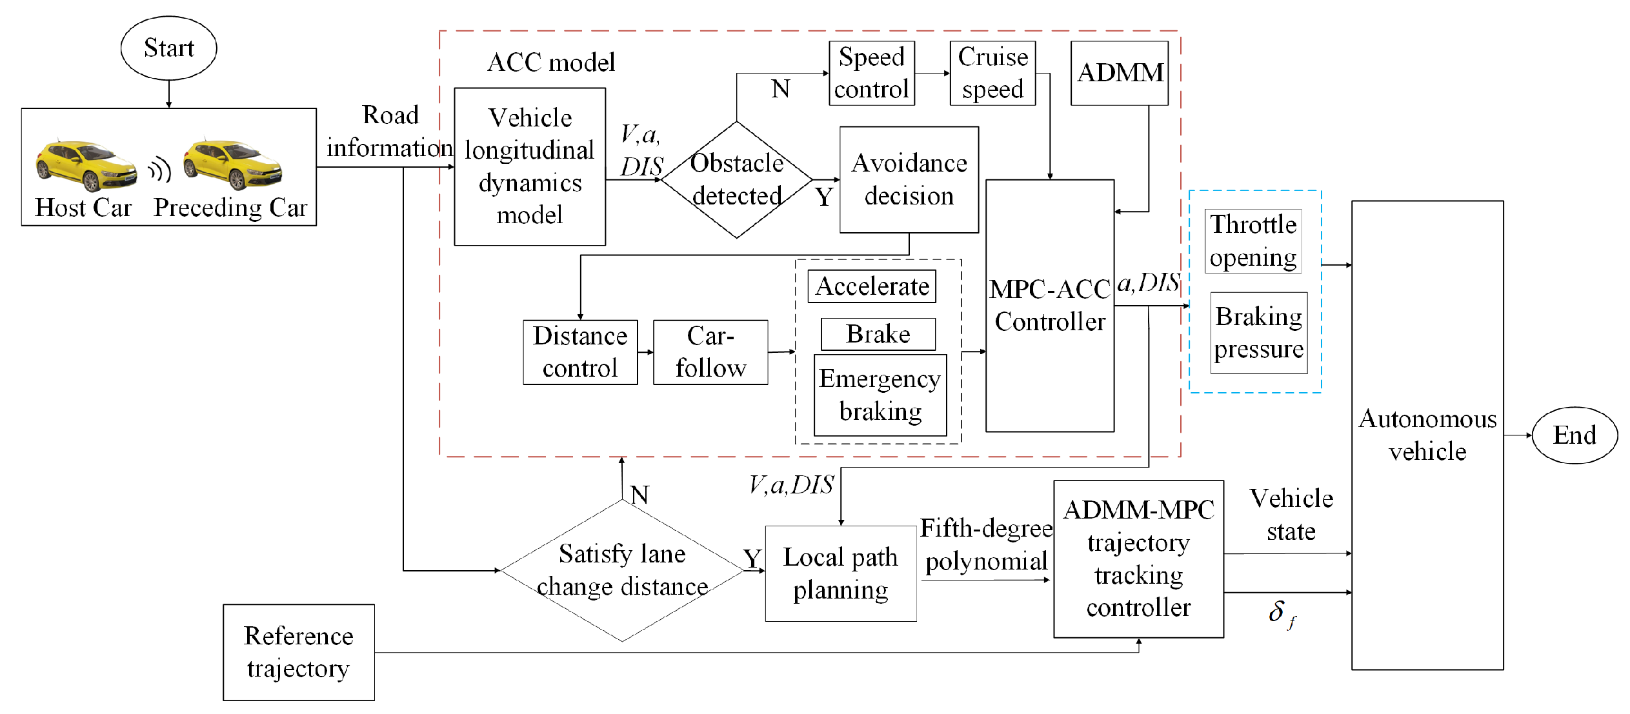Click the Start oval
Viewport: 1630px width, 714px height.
[168, 48]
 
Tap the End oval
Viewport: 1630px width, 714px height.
[1575, 435]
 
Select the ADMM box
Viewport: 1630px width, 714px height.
[1120, 73]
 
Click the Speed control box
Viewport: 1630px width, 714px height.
[872, 73]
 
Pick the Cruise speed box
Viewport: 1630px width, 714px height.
[992, 73]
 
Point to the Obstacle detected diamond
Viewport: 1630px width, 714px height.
[737, 179]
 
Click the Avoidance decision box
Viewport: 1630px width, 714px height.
[909, 179]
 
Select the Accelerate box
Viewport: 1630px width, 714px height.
[872, 286]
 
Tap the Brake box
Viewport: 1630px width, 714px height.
[878, 334]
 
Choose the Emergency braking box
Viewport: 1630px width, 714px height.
[880, 395]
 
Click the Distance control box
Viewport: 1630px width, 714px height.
[580, 352]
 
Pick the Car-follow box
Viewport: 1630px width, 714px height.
[710, 352]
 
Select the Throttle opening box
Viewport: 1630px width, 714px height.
[1253, 241]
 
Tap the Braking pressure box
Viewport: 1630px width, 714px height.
[1259, 333]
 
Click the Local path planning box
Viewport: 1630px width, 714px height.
[841, 573]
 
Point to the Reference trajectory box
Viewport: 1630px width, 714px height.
[299, 652]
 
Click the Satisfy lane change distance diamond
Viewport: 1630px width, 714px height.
[622, 570]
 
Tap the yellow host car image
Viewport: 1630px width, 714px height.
[86, 164]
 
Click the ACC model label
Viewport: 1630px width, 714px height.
[551, 63]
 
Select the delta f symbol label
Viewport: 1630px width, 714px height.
[1282, 613]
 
